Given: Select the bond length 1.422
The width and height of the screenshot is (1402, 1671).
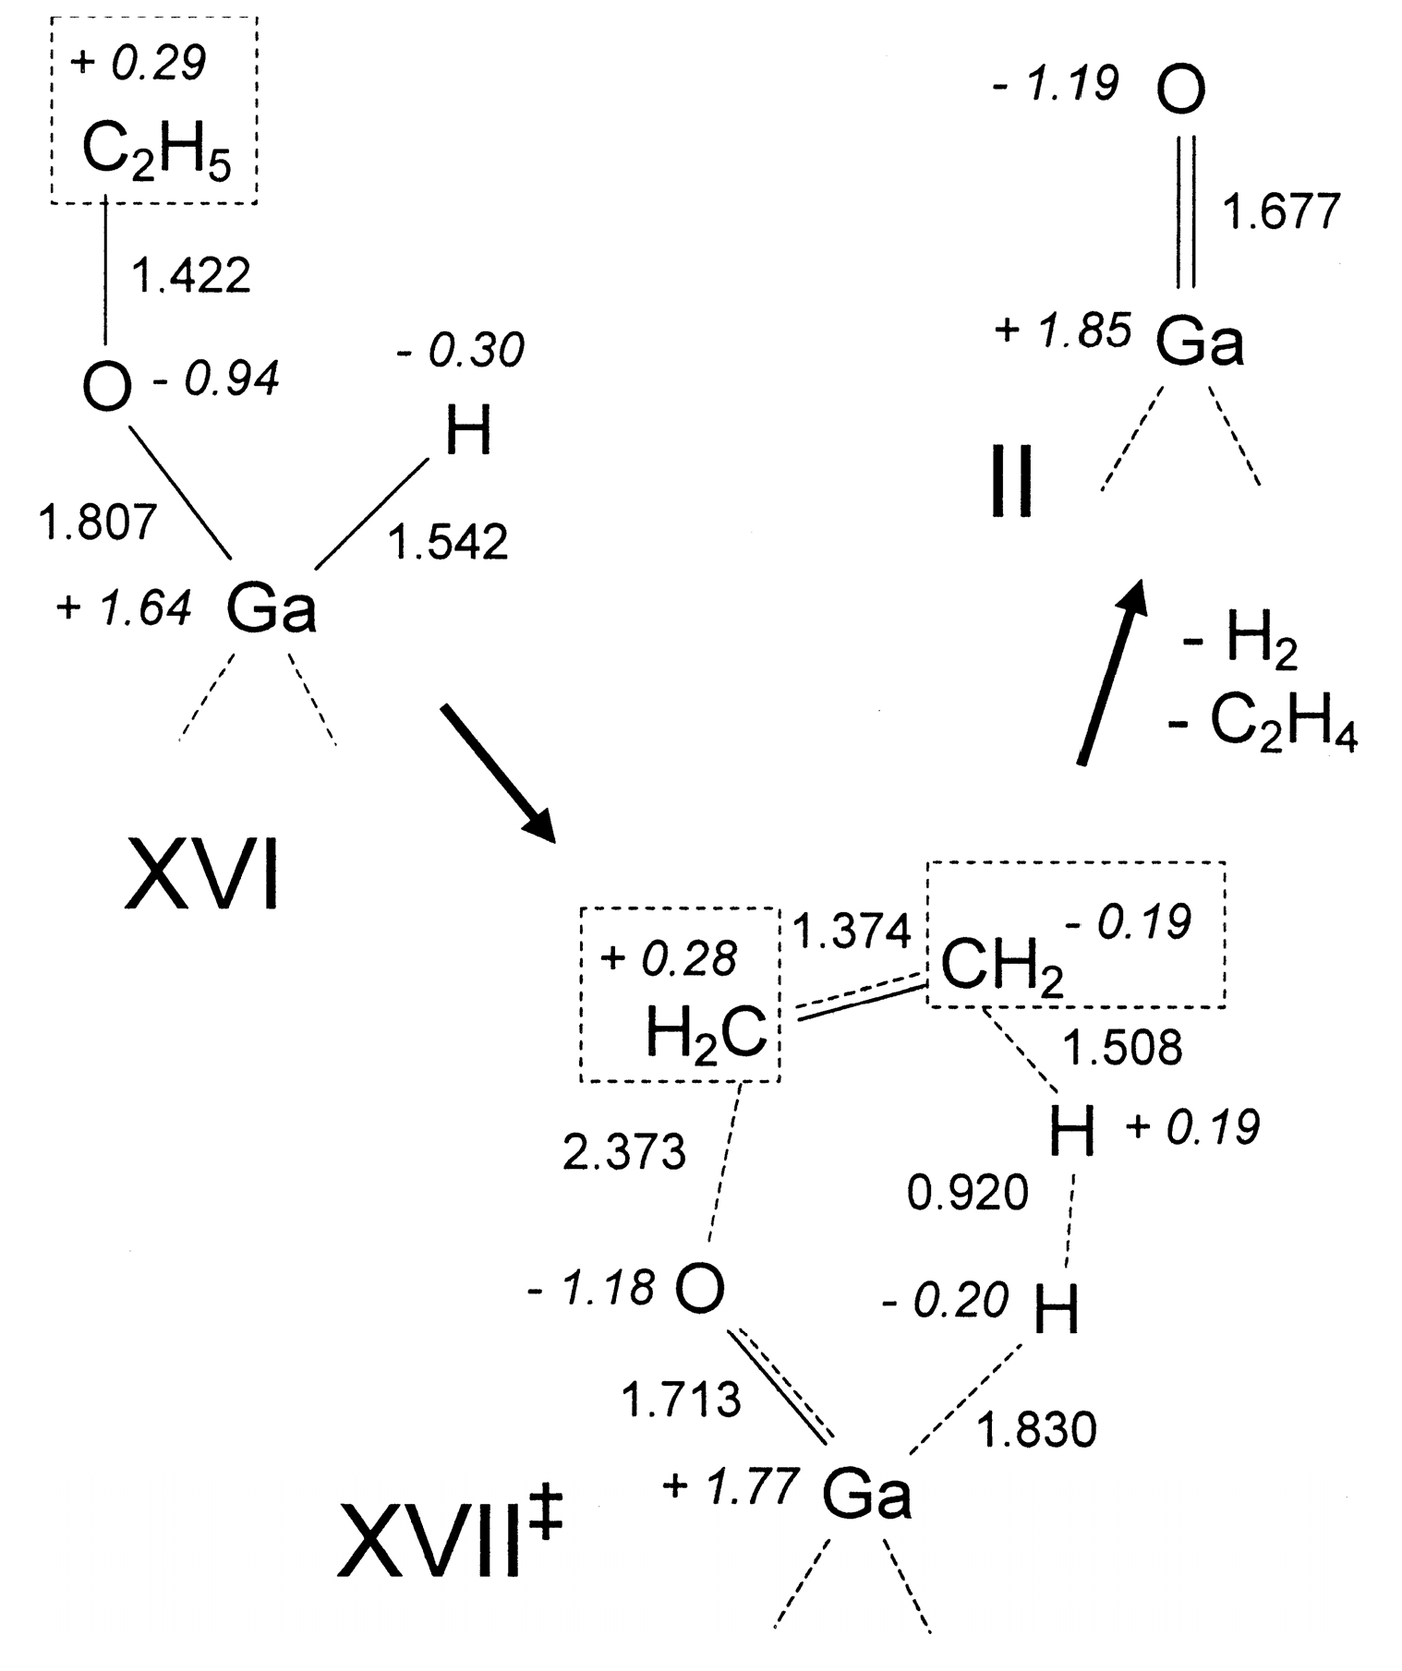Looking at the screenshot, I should pos(191,275).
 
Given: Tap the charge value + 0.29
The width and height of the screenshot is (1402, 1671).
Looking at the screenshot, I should pos(138,63).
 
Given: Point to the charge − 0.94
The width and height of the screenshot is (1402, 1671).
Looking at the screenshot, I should pos(215,379).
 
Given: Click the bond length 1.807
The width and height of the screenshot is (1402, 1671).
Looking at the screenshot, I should pos(98,522).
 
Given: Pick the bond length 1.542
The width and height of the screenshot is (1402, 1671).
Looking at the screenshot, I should pos(448,542).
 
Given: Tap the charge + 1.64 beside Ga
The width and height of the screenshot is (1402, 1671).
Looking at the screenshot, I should pos(125,607).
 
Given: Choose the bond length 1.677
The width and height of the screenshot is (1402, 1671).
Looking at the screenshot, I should pos(1281,211).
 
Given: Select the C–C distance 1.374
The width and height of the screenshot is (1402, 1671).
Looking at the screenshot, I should pos(852,931).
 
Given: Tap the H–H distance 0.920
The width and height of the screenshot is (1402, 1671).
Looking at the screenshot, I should pos(967,1193).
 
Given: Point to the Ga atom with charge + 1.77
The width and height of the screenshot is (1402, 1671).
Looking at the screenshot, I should pos(866,1493).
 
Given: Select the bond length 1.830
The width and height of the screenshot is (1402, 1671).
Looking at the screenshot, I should pos(1036,1430).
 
